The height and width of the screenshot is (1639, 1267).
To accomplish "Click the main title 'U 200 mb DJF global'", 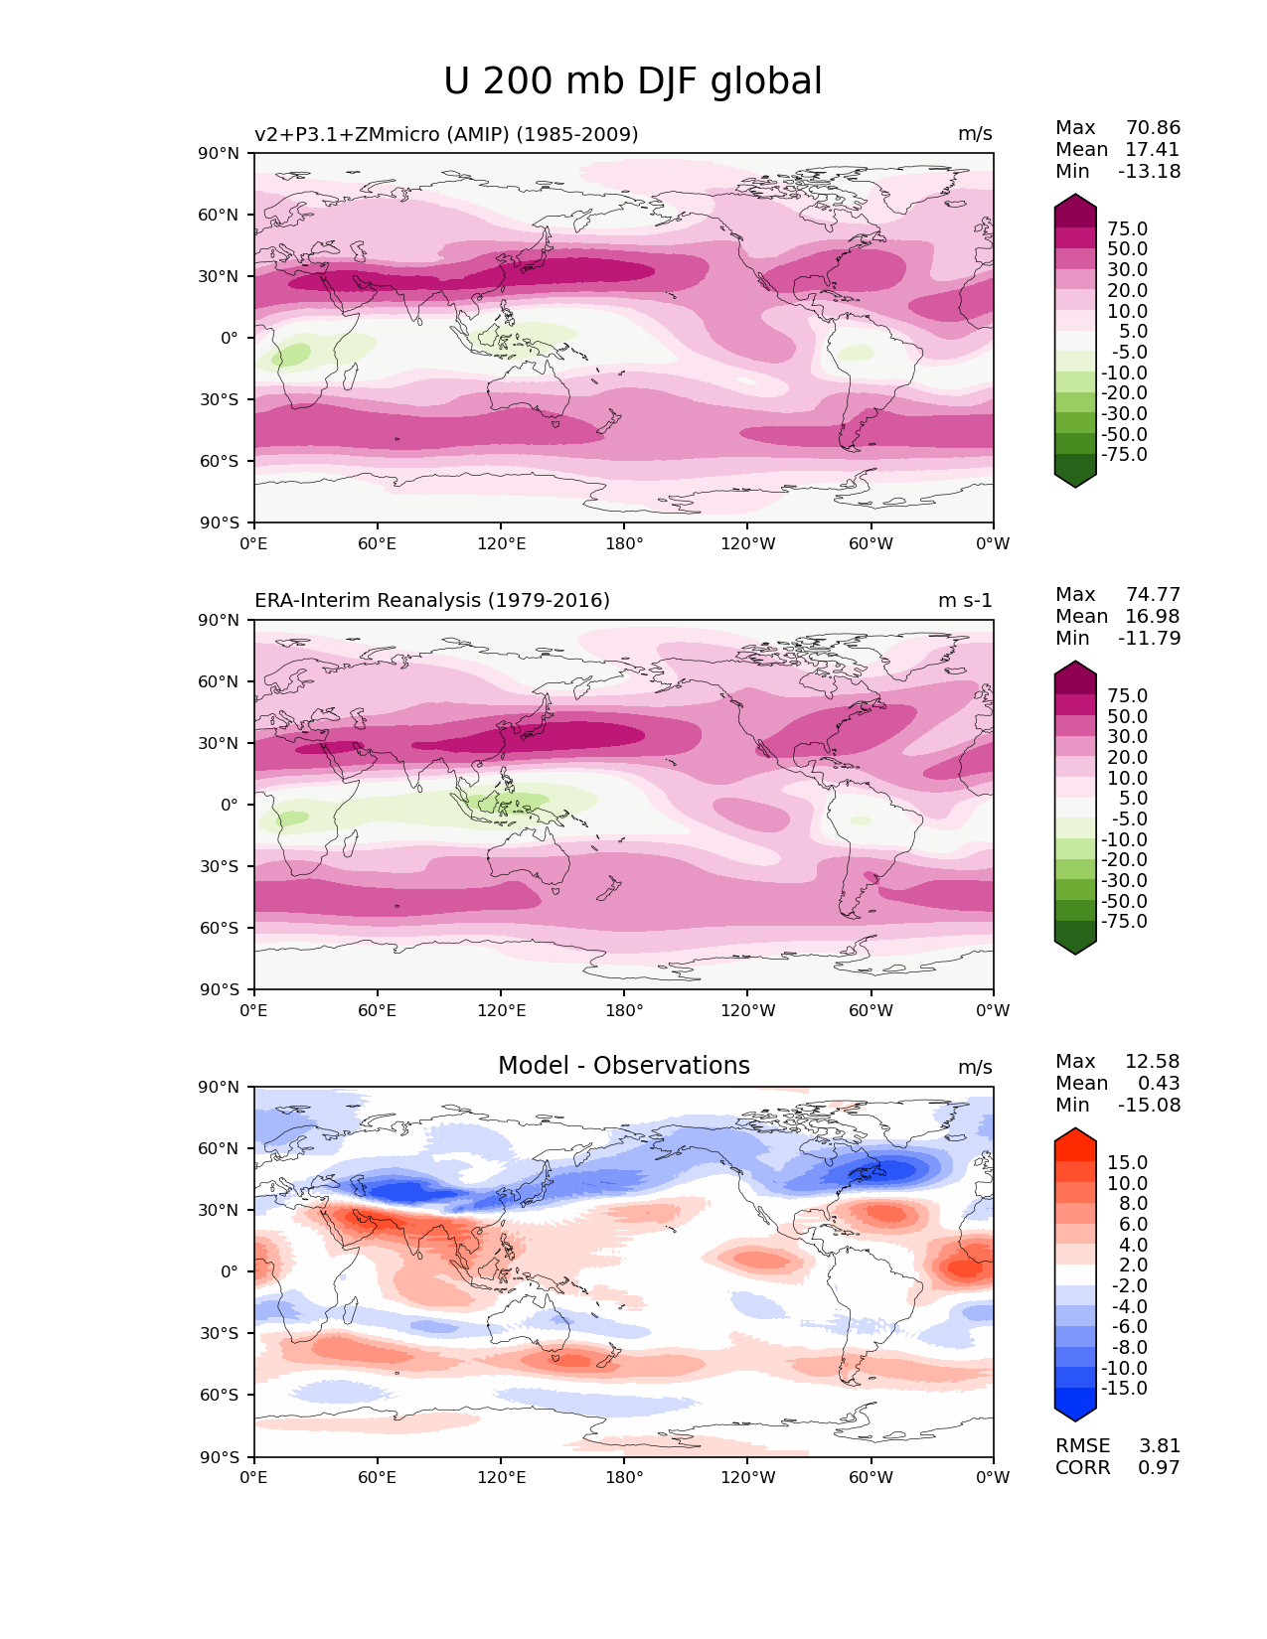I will pyautogui.click(x=633, y=81).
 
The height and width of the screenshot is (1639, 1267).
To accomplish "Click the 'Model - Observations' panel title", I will pyautogui.click(x=623, y=1066).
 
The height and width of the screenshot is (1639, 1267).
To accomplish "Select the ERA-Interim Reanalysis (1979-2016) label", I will pyautogui.click(x=432, y=600).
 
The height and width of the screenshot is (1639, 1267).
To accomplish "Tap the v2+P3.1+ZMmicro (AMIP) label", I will pyautogui.click(x=446, y=134).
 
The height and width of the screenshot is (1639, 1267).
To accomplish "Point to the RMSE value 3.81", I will pyautogui.click(x=1159, y=1446).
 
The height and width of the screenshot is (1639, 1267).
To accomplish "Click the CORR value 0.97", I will pyautogui.click(x=1159, y=1468).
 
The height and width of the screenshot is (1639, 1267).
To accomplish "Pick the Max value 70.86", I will pyautogui.click(x=1153, y=128).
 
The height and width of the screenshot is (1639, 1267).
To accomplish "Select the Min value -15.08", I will pyautogui.click(x=1149, y=1106).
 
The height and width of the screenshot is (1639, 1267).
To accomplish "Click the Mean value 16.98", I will pyautogui.click(x=1152, y=617).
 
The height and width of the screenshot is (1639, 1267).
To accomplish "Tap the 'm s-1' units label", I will pyautogui.click(x=965, y=601).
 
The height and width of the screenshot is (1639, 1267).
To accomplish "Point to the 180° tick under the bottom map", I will pyautogui.click(x=624, y=1477).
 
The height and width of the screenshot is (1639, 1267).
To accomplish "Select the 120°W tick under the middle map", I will pyautogui.click(x=747, y=1011).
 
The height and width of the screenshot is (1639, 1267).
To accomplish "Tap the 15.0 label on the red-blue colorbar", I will pyautogui.click(x=1127, y=1163).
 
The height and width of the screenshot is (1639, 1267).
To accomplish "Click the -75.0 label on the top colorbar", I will pyautogui.click(x=1124, y=455).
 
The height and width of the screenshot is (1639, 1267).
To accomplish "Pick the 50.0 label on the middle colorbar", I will pyautogui.click(x=1127, y=717).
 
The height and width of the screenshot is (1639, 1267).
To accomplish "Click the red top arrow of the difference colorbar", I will pyautogui.click(x=1075, y=1142).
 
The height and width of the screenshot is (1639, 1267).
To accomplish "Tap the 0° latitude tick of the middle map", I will pyautogui.click(x=230, y=805).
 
